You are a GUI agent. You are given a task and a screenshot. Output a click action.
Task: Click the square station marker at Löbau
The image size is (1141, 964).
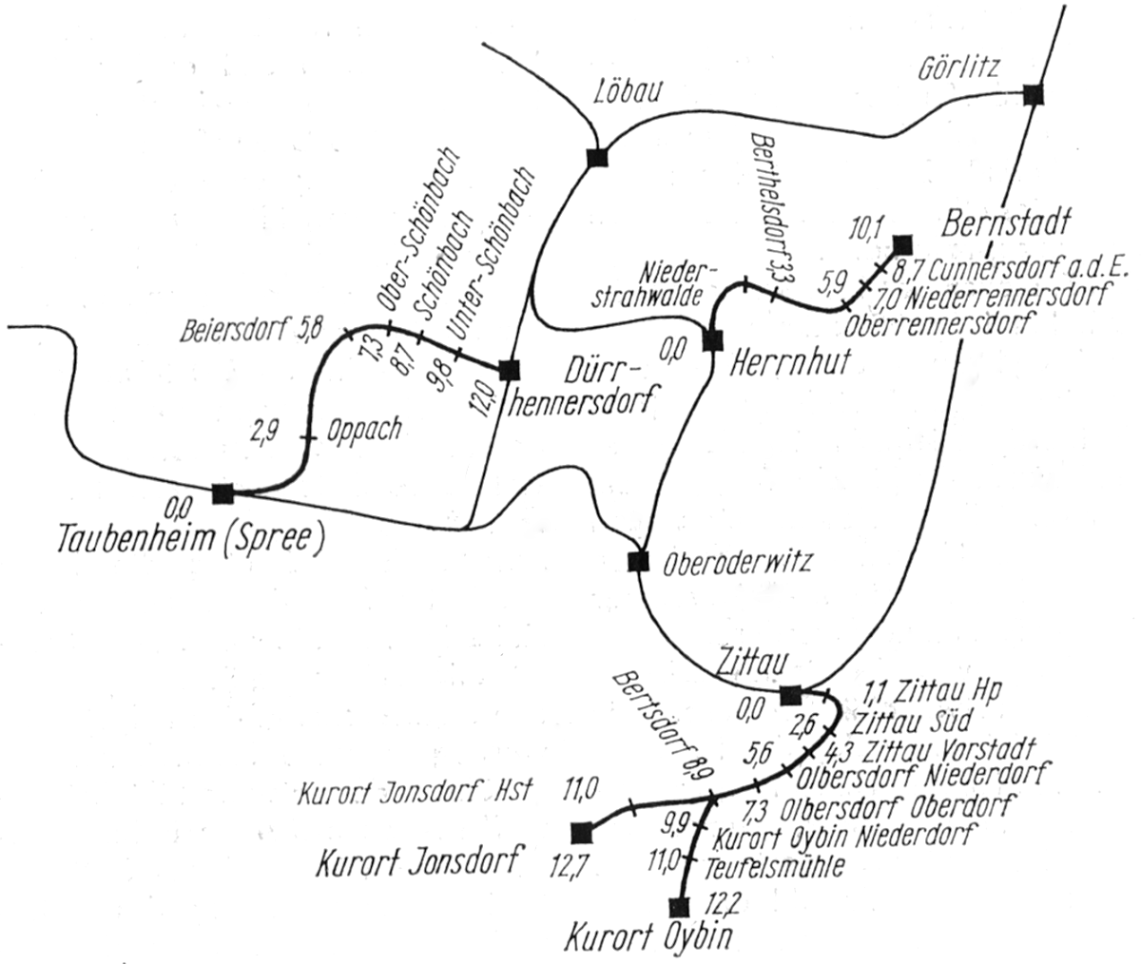(597, 158)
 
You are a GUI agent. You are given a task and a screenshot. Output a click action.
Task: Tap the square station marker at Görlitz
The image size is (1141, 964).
(1034, 94)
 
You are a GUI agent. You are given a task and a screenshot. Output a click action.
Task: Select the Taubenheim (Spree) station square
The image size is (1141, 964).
(222, 492)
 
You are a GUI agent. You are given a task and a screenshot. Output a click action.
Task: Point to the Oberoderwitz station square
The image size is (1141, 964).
(638, 561)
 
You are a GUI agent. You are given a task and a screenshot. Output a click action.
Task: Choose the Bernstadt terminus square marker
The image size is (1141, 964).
(900, 243)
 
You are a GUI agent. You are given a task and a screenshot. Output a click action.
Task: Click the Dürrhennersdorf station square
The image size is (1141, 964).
(510, 369)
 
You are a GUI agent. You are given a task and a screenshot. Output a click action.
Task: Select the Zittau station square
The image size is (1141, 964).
(790, 695)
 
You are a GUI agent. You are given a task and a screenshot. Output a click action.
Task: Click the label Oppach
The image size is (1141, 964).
(363, 430)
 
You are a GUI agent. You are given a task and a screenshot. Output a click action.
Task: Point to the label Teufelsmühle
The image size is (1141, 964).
(774, 866)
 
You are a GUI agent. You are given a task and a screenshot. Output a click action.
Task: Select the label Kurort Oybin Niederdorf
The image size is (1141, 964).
(843, 839)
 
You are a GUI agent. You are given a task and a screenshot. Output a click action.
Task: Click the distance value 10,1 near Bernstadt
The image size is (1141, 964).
(866, 228)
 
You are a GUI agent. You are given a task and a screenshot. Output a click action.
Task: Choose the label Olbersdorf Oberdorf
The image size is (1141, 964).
(895, 810)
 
